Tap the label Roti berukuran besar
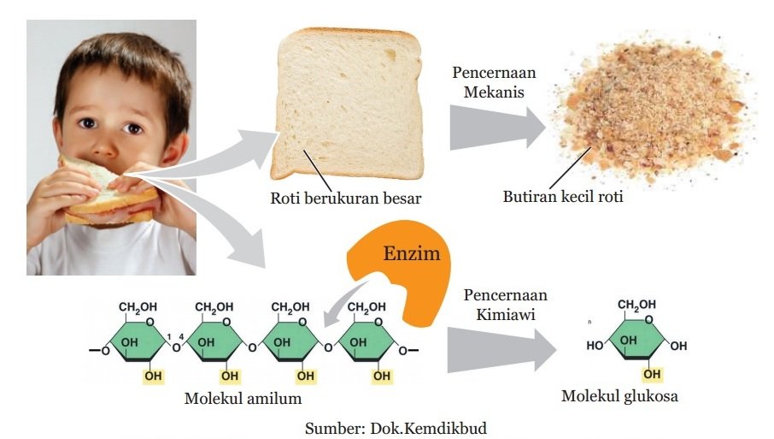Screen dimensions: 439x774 click(x=346, y=199)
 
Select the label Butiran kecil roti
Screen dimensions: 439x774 click(x=563, y=198)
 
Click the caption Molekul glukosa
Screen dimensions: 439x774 click(x=620, y=396)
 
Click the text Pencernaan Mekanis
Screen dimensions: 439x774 click(x=489, y=80)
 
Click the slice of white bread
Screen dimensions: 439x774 click(x=348, y=98)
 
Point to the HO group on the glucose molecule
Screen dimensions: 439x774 click(x=595, y=346)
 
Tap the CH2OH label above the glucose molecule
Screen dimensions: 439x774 click(x=637, y=305)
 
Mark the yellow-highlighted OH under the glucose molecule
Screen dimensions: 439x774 click(x=652, y=374)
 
